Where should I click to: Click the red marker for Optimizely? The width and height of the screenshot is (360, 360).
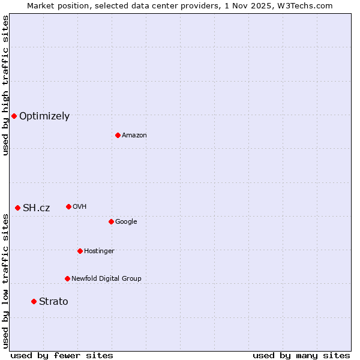click(x=14, y=116)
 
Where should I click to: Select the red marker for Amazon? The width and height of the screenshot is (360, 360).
click(x=118, y=135)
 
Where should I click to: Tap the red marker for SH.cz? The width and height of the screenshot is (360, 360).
click(x=17, y=208)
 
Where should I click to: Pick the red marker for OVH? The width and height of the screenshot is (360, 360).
click(x=68, y=206)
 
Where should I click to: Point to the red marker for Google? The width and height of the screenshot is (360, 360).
click(x=111, y=221)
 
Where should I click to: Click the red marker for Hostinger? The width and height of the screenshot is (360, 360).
click(x=80, y=251)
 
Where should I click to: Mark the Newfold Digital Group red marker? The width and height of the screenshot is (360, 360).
click(x=67, y=278)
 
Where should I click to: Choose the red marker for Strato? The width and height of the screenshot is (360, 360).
click(x=34, y=301)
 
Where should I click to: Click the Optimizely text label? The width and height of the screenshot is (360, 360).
click(x=44, y=116)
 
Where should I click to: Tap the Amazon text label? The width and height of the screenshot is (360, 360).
click(x=134, y=136)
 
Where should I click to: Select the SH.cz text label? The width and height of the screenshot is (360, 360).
click(x=37, y=208)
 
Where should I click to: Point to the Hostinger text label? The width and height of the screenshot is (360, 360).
click(x=99, y=251)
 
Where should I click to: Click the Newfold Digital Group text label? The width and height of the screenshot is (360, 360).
click(x=106, y=278)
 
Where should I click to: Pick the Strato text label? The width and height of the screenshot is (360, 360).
click(x=53, y=302)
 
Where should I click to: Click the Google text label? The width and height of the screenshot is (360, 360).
click(x=126, y=222)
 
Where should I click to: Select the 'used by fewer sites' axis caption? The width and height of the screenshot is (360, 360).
click(x=62, y=355)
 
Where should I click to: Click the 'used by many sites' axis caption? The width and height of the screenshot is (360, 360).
click(x=301, y=355)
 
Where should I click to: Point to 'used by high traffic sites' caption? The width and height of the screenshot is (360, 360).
click(x=5, y=86)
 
